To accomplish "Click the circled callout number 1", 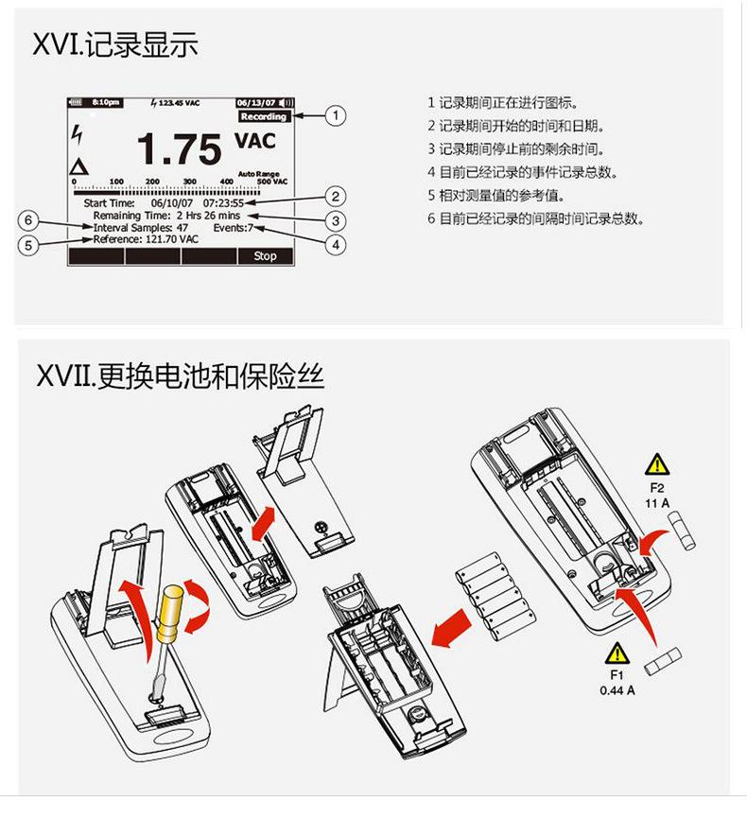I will pyautogui.click(x=334, y=116).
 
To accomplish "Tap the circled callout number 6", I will pyautogui.click(x=29, y=220).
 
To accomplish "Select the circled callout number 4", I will pyautogui.click(x=334, y=243).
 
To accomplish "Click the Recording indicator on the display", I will pyautogui.click(x=263, y=116).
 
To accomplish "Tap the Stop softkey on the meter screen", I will pyautogui.click(x=265, y=255).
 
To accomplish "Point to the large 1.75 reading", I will pyautogui.click(x=179, y=149).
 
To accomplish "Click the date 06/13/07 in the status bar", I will pyautogui.click(x=255, y=102).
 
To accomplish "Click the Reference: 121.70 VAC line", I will pyautogui.click(x=146, y=240).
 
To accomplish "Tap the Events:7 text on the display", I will pyautogui.click(x=233, y=228).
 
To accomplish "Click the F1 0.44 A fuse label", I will pyautogui.click(x=617, y=683).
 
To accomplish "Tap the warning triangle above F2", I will pyautogui.click(x=656, y=464).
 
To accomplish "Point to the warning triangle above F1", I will pyautogui.click(x=617, y=652).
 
